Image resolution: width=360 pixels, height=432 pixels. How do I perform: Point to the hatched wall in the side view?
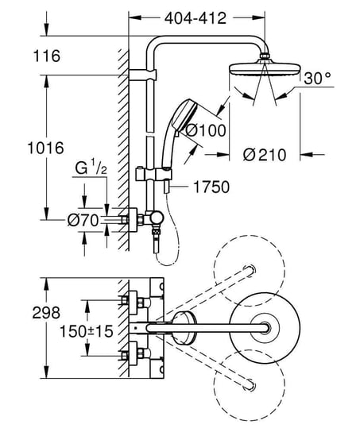122,143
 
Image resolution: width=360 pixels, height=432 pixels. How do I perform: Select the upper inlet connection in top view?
130,302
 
